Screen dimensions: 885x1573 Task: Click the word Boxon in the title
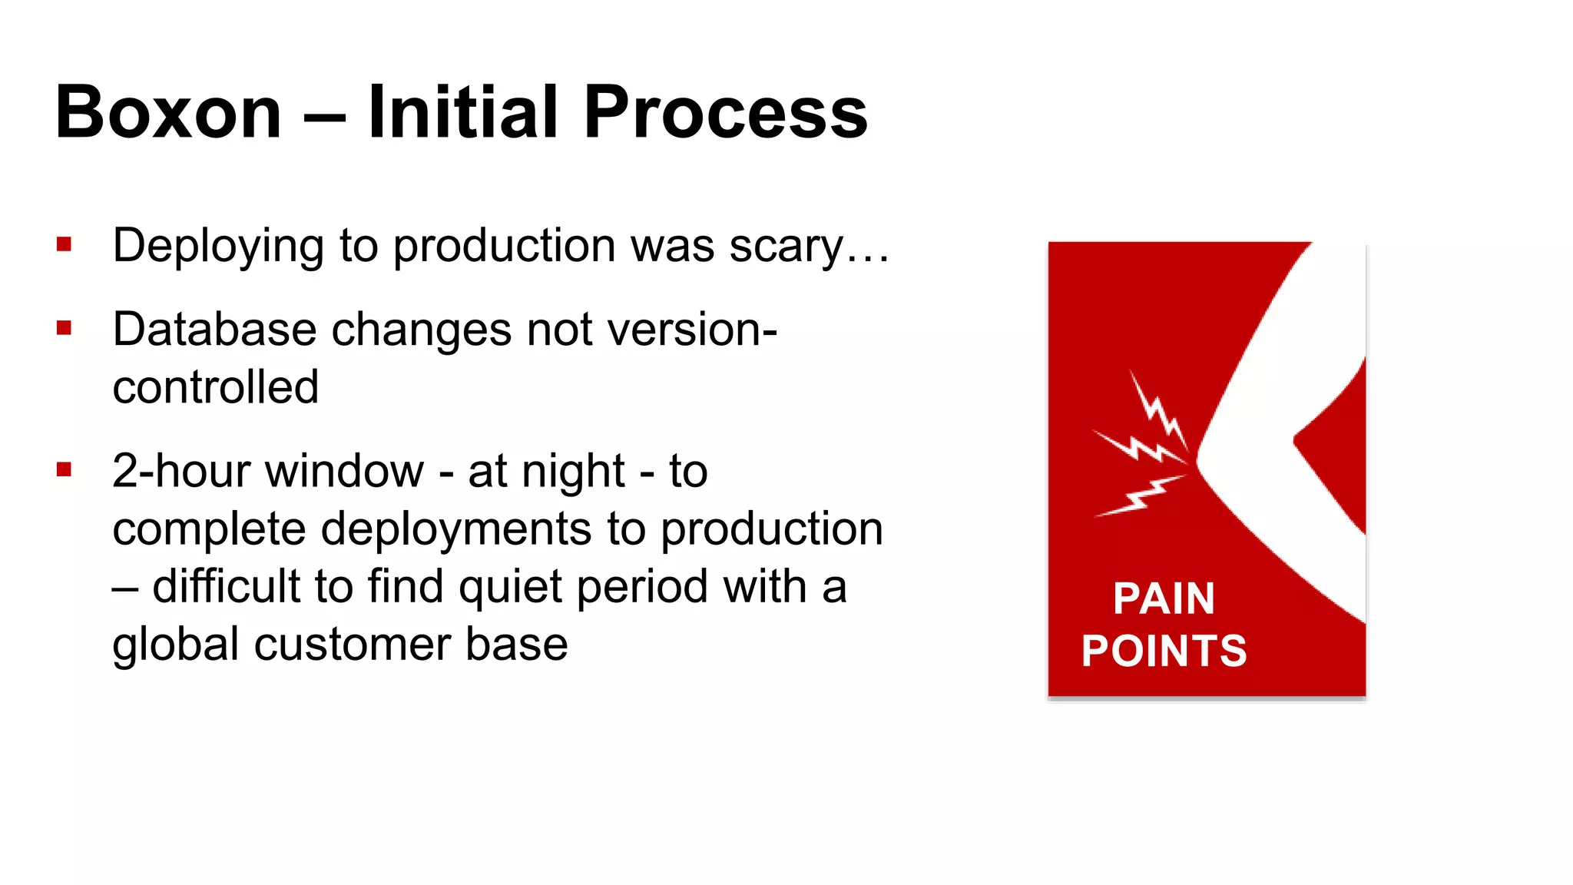168,113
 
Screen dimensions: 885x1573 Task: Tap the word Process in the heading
725,113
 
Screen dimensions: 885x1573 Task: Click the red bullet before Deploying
64,245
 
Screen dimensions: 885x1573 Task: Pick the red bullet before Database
64,329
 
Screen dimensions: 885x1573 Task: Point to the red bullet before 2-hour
64,469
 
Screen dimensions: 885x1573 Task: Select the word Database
214,330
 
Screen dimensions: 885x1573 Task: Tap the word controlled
215,387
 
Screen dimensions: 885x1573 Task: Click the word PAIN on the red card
1164,598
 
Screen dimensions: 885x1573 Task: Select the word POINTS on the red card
1164,651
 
